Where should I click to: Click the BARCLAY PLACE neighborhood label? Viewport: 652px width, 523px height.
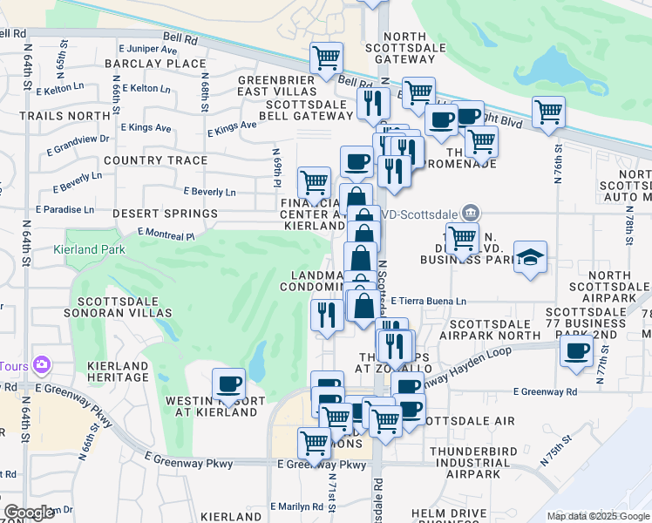pos(155,64)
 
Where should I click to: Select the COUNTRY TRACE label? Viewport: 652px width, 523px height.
pos(155,160)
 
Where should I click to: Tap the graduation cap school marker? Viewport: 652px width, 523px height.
pos(530,258)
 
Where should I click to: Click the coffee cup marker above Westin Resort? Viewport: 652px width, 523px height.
pos(228,384)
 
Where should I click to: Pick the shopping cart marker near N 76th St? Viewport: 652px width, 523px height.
pos(548,112)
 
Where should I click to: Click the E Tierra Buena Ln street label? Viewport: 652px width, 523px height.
pos(428,302)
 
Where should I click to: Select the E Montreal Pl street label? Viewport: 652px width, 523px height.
pos(166,234)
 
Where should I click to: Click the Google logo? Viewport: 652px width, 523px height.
pos(29,513)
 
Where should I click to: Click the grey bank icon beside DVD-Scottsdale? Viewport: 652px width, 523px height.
pos(470,211)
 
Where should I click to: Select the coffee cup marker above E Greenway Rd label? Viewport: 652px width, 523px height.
pos(575,351)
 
